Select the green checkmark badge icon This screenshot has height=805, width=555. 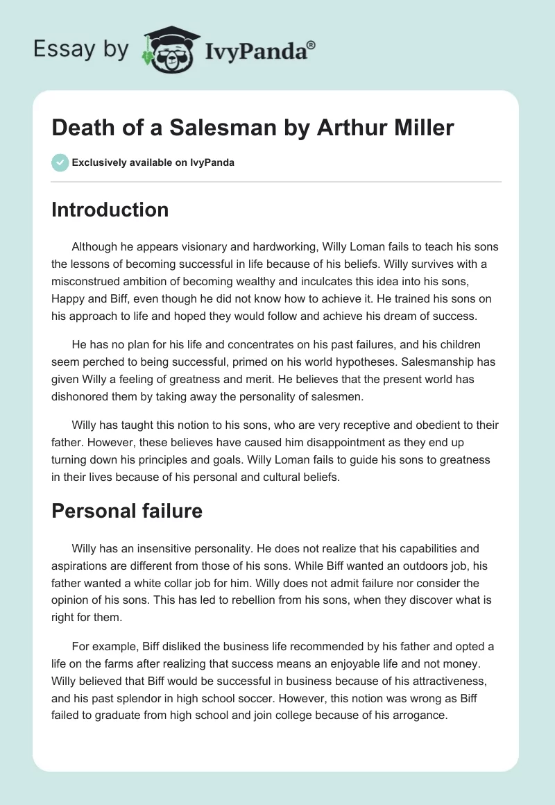pyautogui.click(x=60, y=162)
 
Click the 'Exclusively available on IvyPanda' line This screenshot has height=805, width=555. pyautogui.click(x=153, y=162)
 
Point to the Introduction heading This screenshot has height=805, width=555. pyautogui.click(x=110, y=210)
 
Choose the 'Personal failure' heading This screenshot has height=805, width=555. pyautogui.click(x=126, y=511)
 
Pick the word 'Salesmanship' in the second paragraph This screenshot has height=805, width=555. pyautogui.click(x=442, y=362)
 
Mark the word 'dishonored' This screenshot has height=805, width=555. pyautogui.click(x=84, y=398)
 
